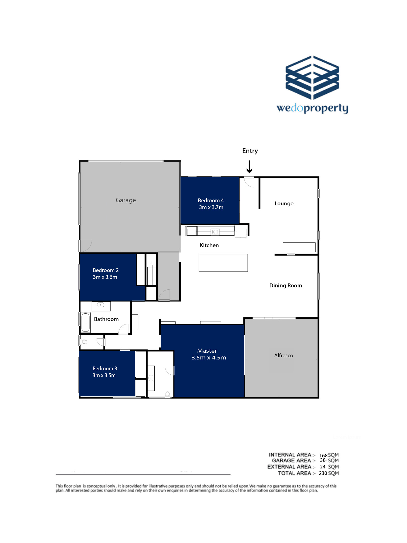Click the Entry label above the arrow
tap(250, 151)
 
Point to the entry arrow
tap(249, 167)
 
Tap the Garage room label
tap(126, 200)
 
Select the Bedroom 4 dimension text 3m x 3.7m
tap(211, 207)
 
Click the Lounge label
tap(284, 204)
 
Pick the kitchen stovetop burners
tap(215, 232)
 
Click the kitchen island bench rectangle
tap(223, 263)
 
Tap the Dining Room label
tap(285, 285)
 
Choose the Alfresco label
tap(284, 355)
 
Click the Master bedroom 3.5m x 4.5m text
tap(209, 358)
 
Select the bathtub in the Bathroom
tap(85, 322)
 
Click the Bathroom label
tap(106, 319)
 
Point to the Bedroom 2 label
tap(106, 270)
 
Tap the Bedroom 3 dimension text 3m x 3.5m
tap(104, 375)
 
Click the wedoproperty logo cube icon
tap(312, 78)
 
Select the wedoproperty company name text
tap(312, 108)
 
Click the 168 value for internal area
tap(323, 455)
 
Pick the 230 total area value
tap(323, 473)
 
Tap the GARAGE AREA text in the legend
tap(291, 460)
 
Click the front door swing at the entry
tap(249, 182)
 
